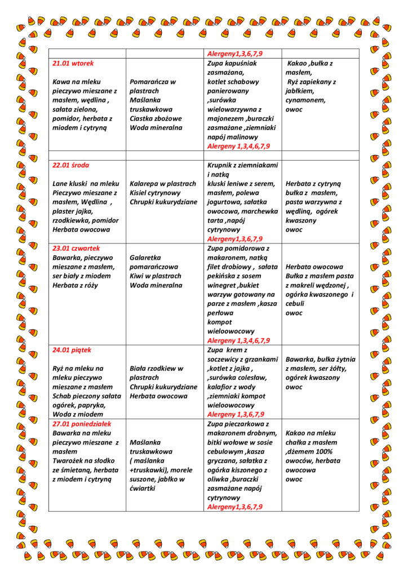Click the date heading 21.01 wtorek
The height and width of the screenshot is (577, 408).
point(73,63)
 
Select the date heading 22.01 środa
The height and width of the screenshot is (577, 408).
point(70,165)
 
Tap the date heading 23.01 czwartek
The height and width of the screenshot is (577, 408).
point(76,248)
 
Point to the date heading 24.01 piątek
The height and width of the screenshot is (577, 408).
point(72,350)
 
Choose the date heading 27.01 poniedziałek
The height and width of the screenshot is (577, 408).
point(82,423)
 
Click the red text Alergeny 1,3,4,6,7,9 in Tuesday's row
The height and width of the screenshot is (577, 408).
point(238,146)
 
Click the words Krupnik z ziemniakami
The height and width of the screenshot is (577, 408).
point(243,165)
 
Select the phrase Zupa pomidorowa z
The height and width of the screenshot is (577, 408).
point(238,248)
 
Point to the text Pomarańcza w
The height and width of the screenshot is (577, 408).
point(153,82)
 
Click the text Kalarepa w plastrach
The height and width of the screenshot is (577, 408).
point(163,184)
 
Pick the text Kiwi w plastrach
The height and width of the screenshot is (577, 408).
point(156,276)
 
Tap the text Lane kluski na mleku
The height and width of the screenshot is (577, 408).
point(86,184)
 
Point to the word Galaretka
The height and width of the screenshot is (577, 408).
point(146,257)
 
